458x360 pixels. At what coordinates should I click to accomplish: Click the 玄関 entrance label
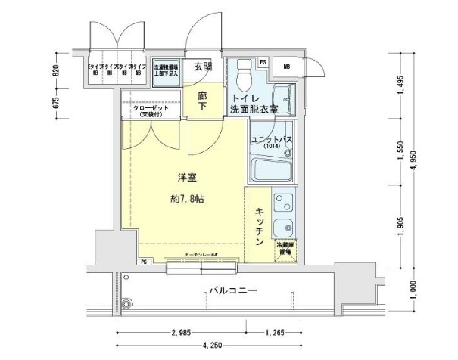point(203,67)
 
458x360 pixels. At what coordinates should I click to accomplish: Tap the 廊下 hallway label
point(204,101)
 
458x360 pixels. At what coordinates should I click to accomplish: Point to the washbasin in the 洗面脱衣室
point(285,99)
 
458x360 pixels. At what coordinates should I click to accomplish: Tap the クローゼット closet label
point(151,110)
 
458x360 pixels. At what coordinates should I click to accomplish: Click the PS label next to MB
point(263,62)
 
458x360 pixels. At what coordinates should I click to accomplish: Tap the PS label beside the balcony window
point(143,262)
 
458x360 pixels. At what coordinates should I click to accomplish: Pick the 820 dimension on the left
point(55,72)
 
